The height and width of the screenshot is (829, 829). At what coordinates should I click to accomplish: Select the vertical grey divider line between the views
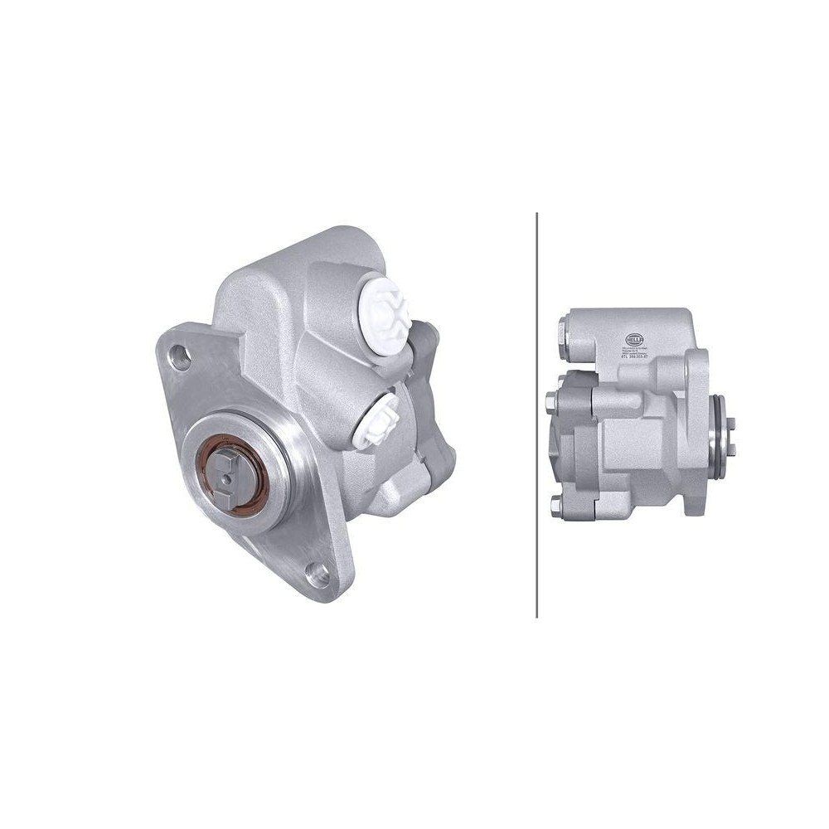click(537, 414)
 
